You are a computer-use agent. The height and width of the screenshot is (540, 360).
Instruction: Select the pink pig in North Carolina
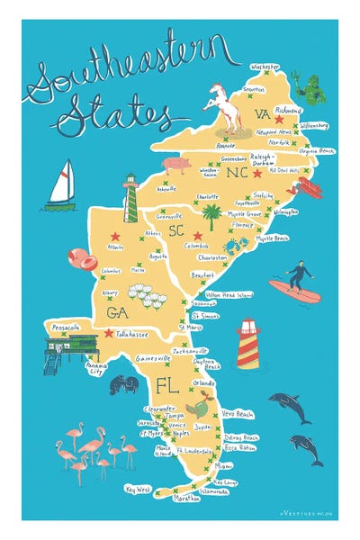[x=176, y=165]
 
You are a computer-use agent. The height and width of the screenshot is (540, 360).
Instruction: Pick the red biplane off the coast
[x=309, y=187]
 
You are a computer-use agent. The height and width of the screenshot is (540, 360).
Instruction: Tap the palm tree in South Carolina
[x=211, y=216]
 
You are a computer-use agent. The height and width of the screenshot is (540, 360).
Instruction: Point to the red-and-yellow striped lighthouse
[x=248, y=344]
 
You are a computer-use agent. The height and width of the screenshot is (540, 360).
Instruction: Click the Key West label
[x=138, y=489]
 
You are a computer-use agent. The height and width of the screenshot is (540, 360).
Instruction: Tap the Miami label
[x=222, y=465]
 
